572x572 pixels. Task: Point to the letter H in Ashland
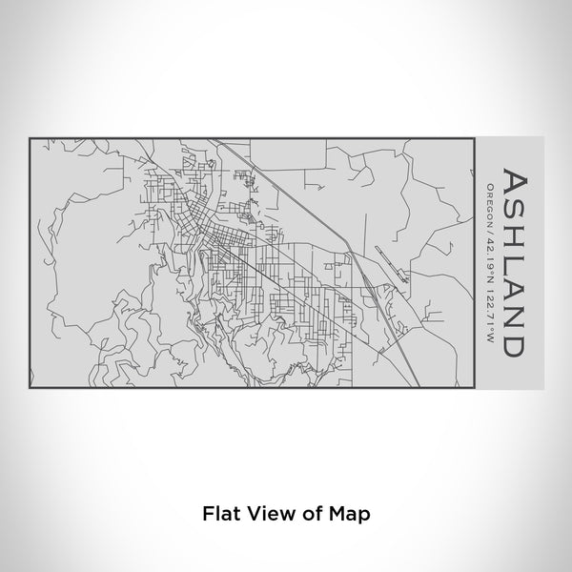512,238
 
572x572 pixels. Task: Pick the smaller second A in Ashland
512,285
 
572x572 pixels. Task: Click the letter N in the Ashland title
512,311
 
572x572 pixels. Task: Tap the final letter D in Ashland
512,337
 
